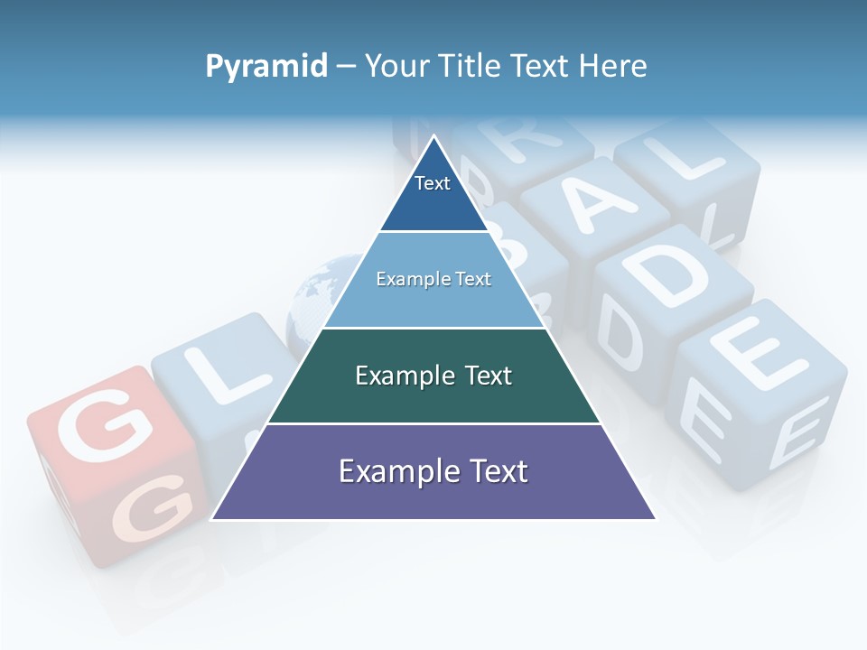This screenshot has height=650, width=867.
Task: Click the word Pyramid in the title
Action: (266, 67)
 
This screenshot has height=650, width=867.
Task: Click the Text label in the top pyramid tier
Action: (433, 183)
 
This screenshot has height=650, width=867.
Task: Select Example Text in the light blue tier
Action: (433, 279)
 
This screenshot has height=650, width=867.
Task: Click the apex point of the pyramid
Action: (433, 136)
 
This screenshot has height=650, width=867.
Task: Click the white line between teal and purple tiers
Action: (433, 423)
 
